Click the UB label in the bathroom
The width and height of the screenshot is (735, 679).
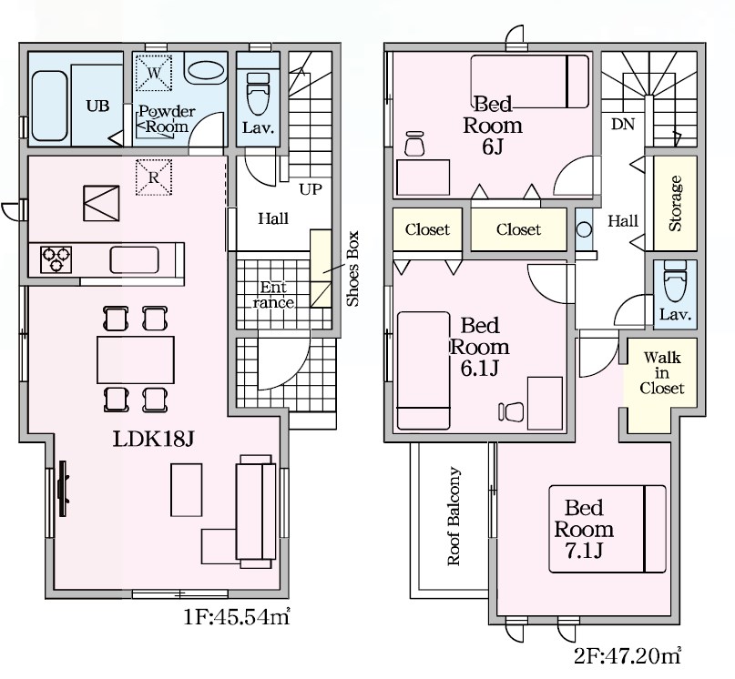97,106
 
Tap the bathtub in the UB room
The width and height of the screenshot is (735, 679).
49,106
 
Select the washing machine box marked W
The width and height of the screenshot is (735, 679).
154,73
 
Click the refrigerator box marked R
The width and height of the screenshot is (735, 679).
154,177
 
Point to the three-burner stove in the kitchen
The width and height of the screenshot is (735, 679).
56,259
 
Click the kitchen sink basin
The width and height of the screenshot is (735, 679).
134,259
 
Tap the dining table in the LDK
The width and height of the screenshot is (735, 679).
136,360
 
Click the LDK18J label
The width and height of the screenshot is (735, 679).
153,439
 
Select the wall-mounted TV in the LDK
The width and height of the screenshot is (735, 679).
63,488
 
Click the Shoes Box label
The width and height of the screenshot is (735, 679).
352,269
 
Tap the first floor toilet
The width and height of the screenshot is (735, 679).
258,94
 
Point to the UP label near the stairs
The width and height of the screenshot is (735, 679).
311,189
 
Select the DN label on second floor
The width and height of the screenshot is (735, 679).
623,124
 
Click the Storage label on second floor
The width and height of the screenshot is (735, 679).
676,203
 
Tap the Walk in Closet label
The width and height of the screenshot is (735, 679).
662,373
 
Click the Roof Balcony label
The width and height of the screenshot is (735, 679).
454,516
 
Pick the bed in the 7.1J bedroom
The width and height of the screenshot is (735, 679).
607,529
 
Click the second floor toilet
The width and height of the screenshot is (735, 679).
675,281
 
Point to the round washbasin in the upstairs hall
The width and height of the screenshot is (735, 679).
584,230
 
